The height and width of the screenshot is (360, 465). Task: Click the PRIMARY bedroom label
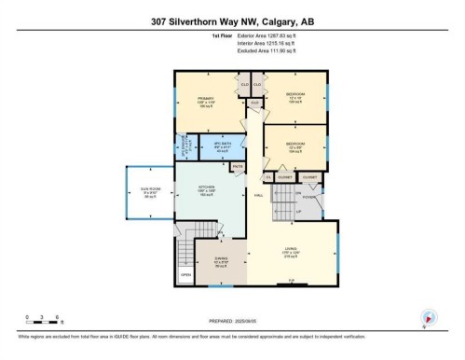pyautogui.click(x=206, y=99)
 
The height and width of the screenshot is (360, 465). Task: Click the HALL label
pyautogui.click(x=257, y=195)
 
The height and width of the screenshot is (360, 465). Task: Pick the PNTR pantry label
pyautogui.click(x=238, y=167)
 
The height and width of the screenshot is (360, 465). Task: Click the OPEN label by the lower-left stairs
pyautogui.click(x=186, y=275)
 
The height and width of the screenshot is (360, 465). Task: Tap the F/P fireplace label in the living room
pyautogui.click(x=292, y=281)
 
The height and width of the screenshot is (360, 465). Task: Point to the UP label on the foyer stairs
pyautogui.click(x=297, y=212)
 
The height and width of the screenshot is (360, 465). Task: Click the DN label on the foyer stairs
pyautogui.click(x=297, y=193)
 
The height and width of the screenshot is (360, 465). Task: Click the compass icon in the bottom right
pyautogui.click(x=428, y=317)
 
